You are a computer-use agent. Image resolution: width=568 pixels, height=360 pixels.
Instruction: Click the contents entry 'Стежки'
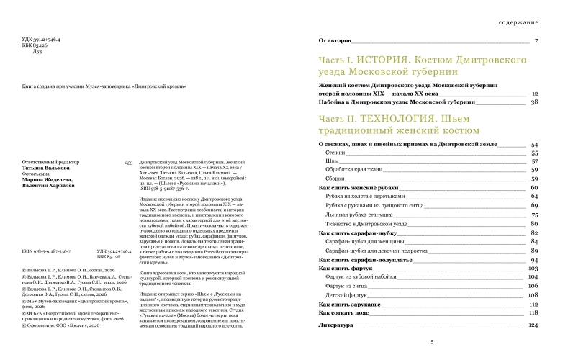pos(334,153)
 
